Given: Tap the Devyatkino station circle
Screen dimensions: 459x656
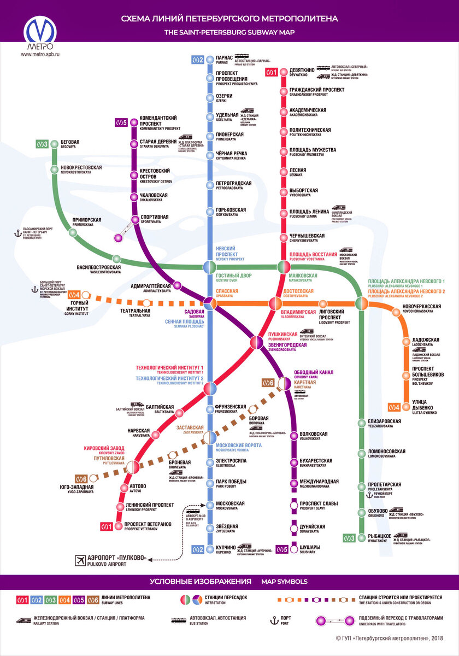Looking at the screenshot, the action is click(284, 72).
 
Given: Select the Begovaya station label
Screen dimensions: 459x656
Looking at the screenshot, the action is click(69, 144).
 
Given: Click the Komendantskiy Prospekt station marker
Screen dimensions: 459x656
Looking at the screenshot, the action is click(133, 122).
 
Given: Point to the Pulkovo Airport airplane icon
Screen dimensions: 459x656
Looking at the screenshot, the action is click(81, 560).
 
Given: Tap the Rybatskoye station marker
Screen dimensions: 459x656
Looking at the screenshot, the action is click(360, 538).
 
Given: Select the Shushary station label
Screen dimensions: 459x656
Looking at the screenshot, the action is click(312, 549).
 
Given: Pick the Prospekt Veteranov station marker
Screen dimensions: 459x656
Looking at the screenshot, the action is click(119, 526).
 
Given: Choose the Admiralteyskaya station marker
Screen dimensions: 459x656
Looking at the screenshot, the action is click(176, 285).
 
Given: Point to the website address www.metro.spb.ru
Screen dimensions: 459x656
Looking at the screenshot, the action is click(40, 54).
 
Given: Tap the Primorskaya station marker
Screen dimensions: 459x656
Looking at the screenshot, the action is click(73, 232).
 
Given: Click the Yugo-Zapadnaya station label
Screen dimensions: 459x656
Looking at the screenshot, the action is click(76, 489).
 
